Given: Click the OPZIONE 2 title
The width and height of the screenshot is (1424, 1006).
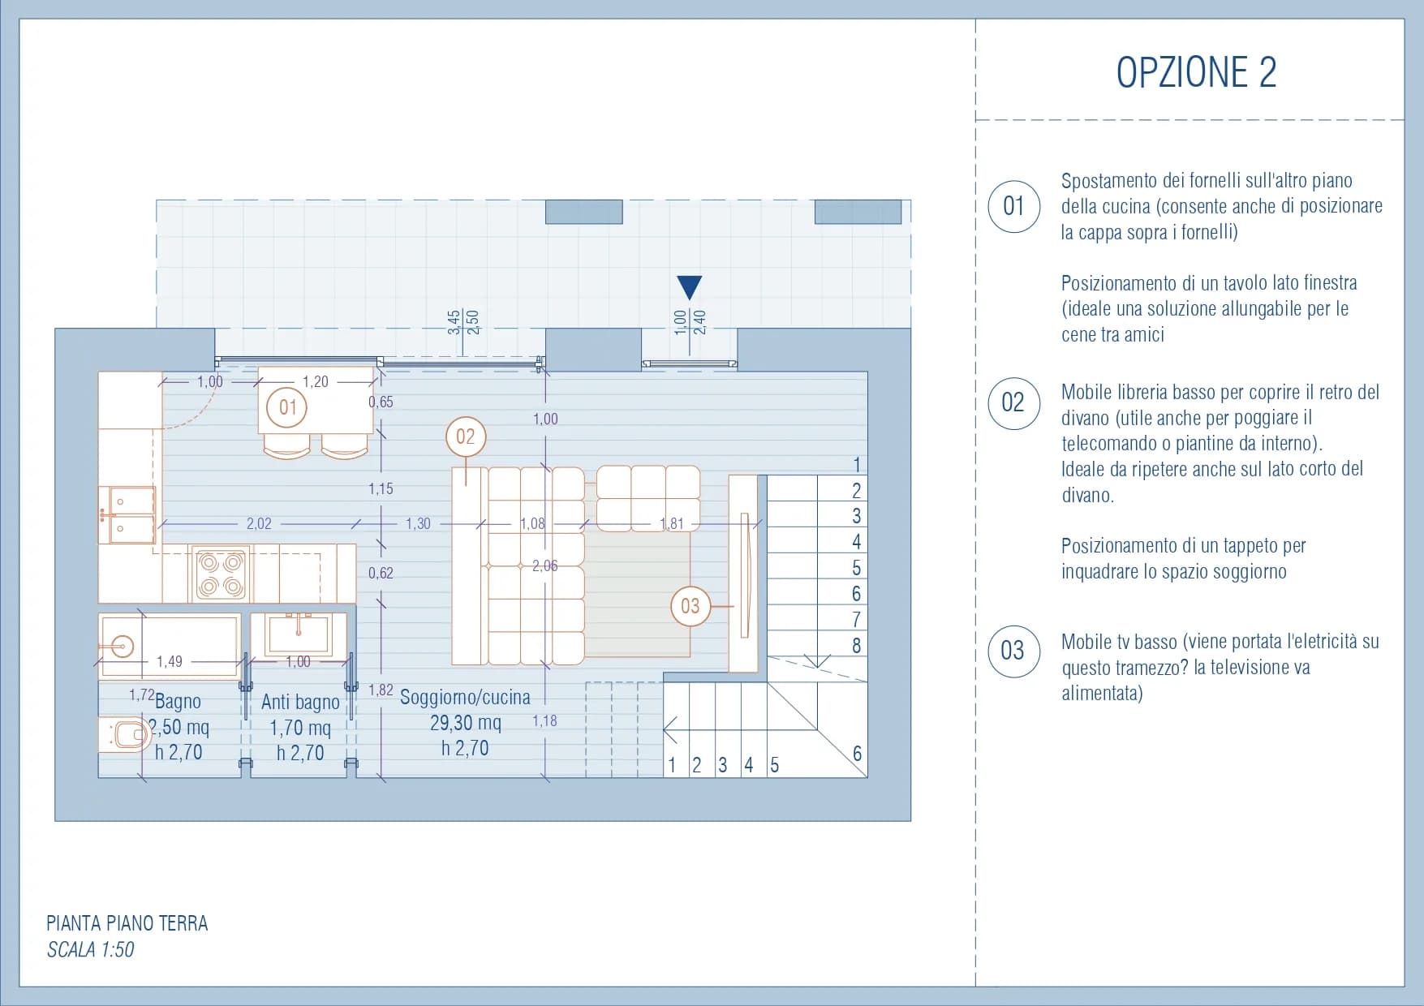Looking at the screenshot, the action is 1196,72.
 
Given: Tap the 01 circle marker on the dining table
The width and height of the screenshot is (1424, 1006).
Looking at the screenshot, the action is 287,406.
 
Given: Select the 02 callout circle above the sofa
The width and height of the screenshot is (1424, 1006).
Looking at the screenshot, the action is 466,436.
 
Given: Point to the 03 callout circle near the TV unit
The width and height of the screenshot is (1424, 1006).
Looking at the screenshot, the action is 690,606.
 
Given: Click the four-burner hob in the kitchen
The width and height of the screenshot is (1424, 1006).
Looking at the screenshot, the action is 222,574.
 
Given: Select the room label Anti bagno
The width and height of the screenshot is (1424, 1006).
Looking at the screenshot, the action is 300,702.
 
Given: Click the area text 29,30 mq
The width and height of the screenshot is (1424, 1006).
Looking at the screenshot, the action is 466,723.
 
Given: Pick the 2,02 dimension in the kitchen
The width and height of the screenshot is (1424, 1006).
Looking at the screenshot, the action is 259,524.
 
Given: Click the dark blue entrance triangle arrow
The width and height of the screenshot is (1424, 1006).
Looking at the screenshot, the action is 689,287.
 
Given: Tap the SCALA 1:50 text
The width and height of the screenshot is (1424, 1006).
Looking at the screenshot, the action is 91,949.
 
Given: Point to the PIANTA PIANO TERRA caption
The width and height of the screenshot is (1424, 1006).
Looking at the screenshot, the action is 127,923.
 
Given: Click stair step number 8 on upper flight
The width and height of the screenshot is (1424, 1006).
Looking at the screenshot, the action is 856,646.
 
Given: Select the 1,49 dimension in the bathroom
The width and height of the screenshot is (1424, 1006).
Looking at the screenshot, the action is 170,662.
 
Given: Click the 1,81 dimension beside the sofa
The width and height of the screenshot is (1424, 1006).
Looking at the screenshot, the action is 672,524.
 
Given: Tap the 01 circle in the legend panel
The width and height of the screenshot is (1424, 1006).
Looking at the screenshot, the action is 1013,206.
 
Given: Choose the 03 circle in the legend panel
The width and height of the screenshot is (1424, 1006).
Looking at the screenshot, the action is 1013,651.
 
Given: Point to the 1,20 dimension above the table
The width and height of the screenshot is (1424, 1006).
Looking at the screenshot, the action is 316,381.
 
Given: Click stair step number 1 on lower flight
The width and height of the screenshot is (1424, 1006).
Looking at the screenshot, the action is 672,765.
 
